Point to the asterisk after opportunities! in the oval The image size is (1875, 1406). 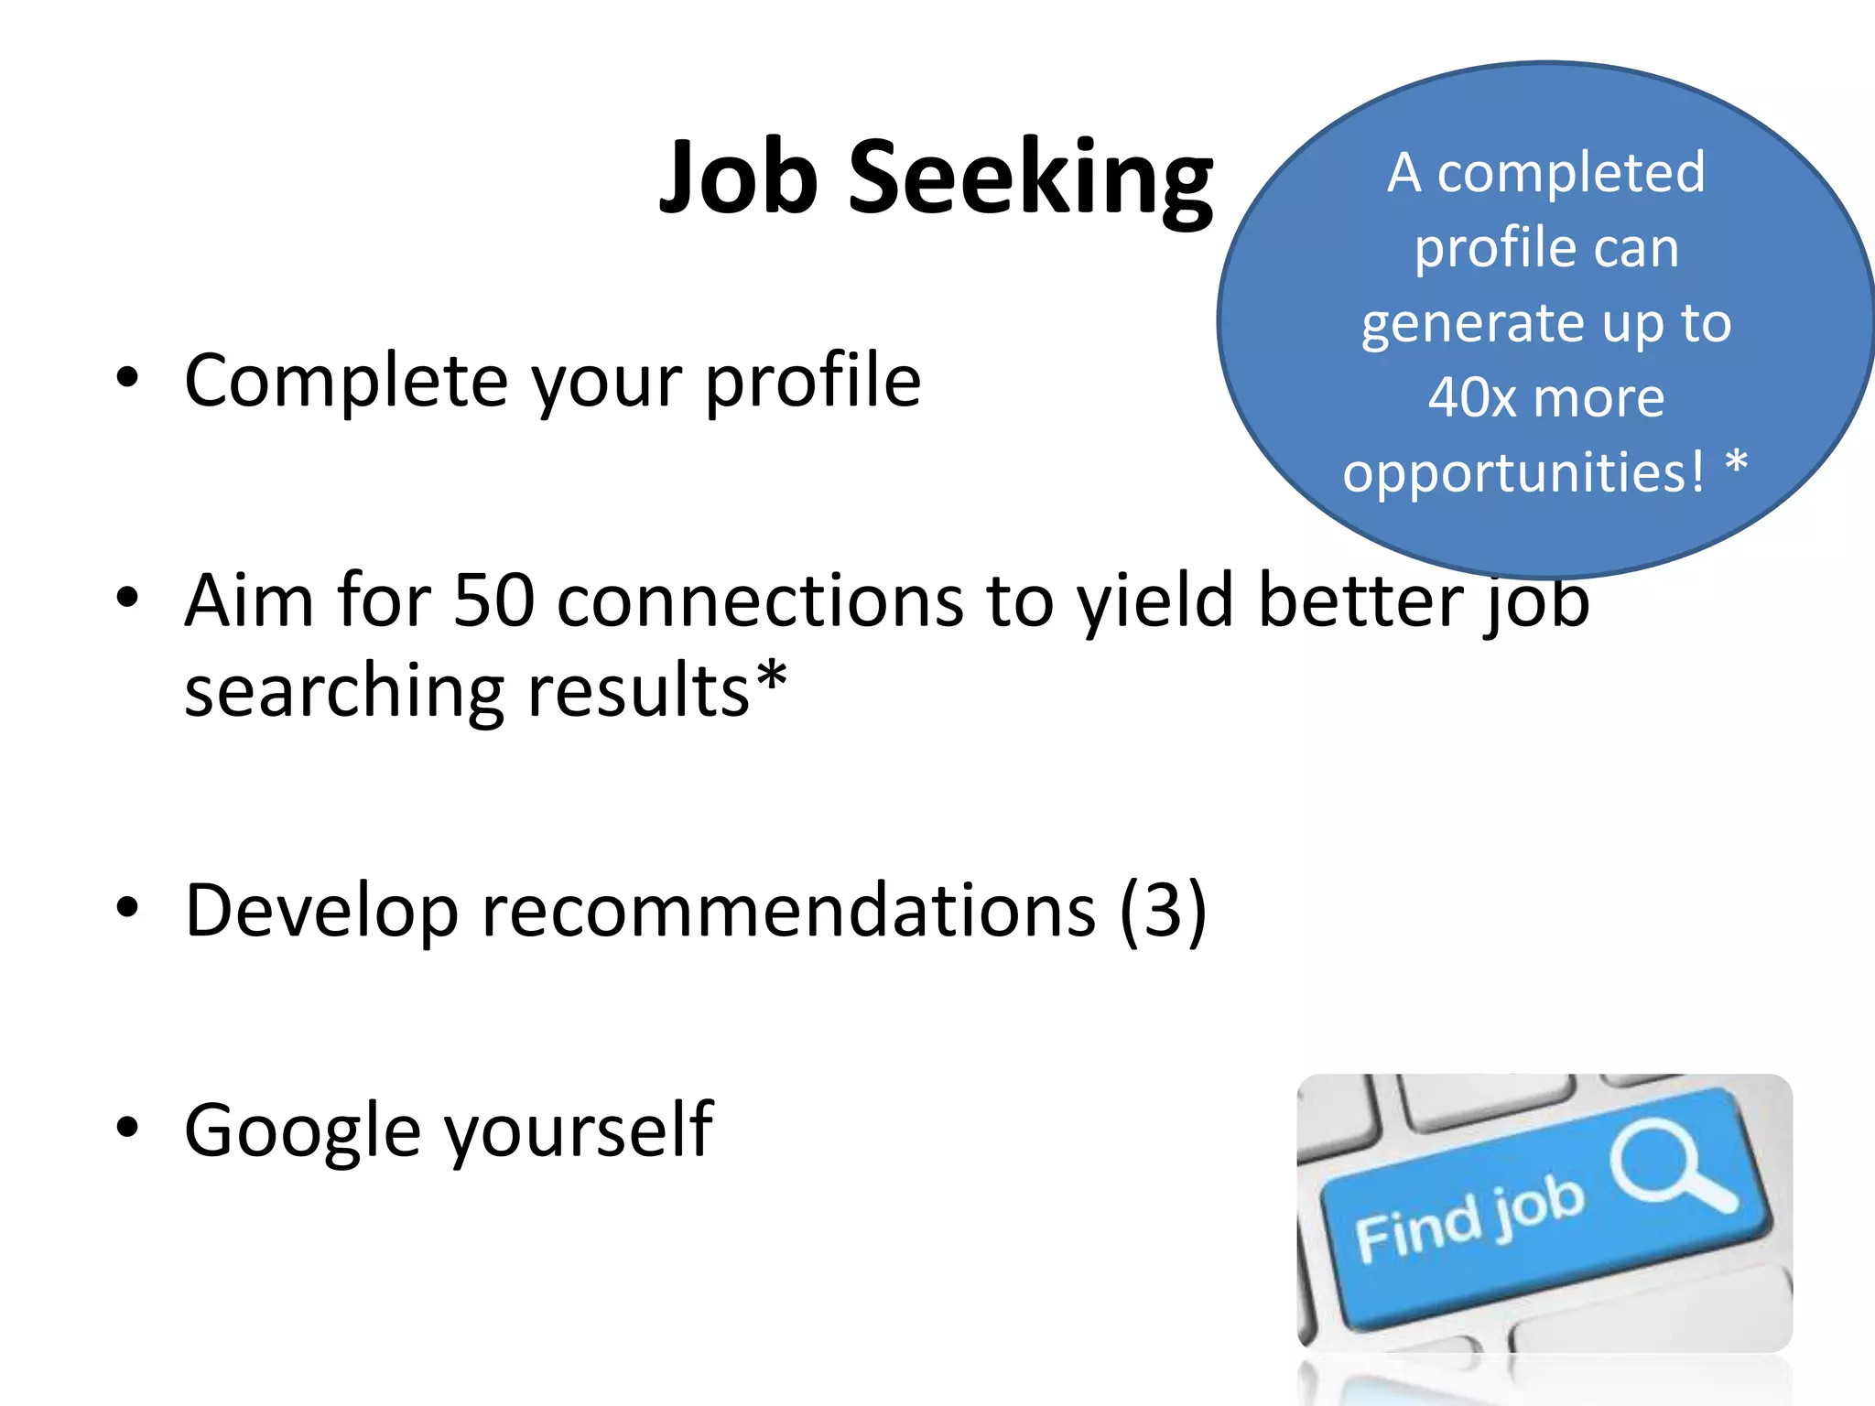click(1736, 462)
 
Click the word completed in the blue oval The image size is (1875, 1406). click(1570, 172)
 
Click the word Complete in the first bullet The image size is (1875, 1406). click(346, 380)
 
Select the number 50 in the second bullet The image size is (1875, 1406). click(494, 600)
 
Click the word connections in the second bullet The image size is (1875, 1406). click(760, 600)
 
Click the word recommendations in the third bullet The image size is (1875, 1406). click(788, 911)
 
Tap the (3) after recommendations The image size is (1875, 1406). click(1163, 911)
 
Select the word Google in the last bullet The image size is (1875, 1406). click(303, 1130)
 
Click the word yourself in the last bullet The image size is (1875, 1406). click(579, 1130)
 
